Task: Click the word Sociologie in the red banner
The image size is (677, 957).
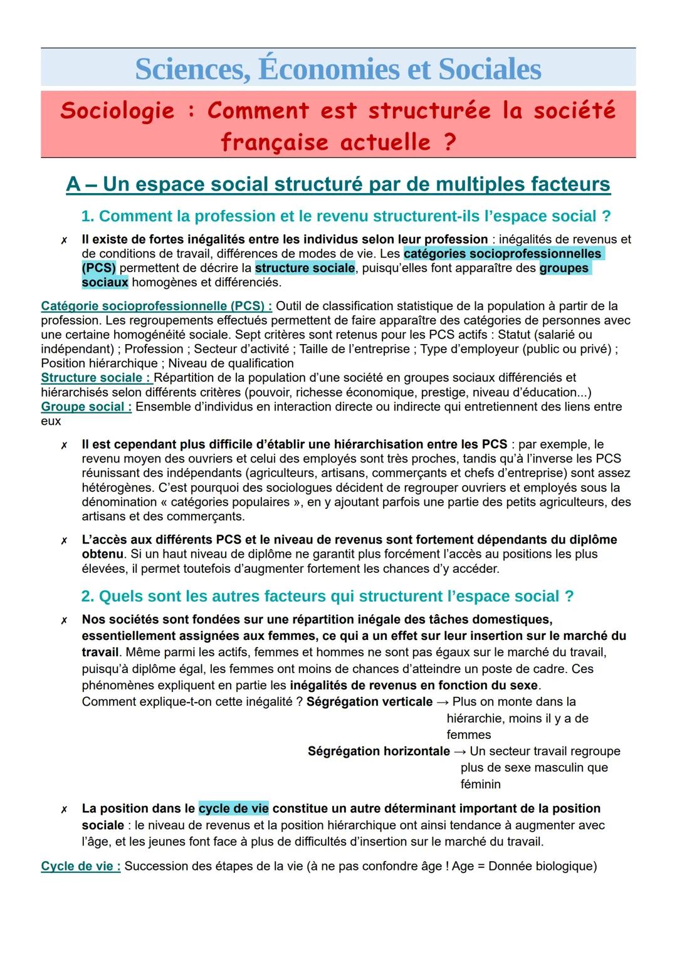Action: click(x=117, y=110)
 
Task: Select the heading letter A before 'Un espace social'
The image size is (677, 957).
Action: click(x=73, y=184)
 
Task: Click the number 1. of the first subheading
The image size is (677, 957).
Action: click(x=88, y=216)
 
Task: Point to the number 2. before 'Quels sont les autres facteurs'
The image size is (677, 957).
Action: click(x=88, y=596)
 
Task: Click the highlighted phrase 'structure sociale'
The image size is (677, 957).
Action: click(x=305, y=268)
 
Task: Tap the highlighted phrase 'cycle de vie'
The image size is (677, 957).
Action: click(x=233, y=808)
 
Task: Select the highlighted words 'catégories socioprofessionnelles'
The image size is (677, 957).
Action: click(x=502, y=254)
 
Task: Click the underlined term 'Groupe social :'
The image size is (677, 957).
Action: click(x=86, y=407)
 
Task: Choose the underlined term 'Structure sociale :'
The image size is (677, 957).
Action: click(x=96, y=378)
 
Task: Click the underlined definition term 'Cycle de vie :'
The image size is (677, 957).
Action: click(x=80, y=866)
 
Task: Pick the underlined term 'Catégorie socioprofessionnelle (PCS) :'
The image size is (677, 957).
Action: click(x=156, y=306)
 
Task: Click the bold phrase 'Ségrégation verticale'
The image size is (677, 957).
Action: click(x=369, y=702)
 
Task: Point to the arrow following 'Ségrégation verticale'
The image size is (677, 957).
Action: click(x=443, y=702)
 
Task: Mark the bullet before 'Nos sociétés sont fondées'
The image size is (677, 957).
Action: click(x=64, y=620)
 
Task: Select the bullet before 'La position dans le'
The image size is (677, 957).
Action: click(x=64, y=810)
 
